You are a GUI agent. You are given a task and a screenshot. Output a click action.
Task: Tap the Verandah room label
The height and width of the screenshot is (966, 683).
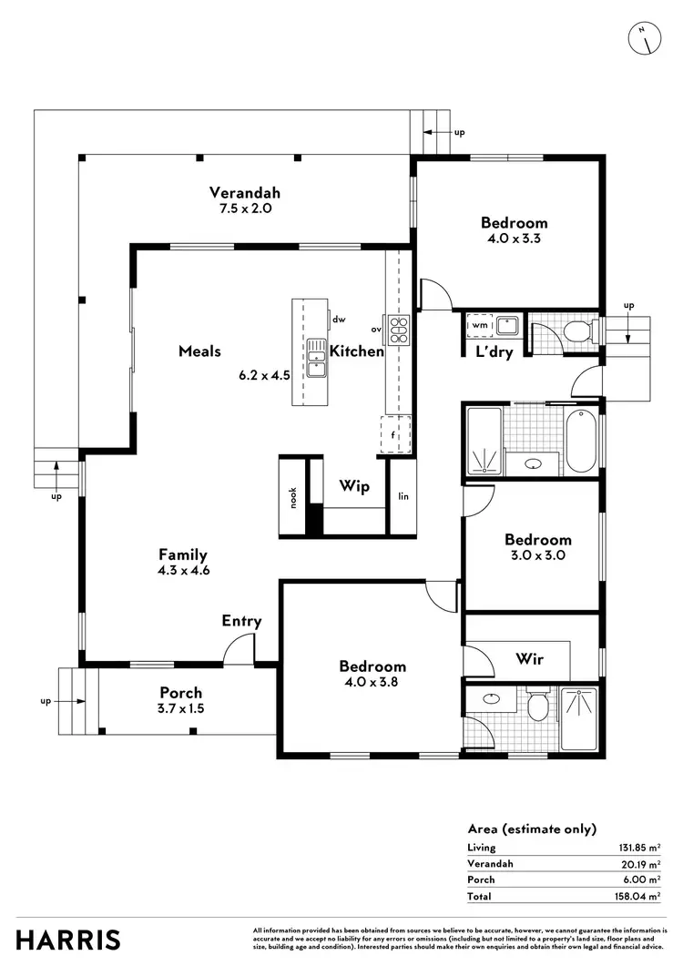[244, 192]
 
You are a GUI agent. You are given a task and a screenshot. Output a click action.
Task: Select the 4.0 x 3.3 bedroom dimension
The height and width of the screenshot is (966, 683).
[514, 239]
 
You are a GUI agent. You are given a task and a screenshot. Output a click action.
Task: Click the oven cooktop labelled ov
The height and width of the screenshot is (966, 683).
[399, 329]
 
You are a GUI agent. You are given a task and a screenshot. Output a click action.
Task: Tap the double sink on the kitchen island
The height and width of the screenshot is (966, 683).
[316, 357]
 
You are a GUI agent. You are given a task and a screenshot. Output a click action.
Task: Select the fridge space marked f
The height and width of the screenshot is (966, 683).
[394, 435]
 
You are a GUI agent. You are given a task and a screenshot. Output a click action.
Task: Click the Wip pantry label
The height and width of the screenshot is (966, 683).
[354, 486]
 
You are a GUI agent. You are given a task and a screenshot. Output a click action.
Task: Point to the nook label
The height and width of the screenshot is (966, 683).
[293, 497]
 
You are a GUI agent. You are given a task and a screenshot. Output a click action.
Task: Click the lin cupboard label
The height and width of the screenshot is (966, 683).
[403, 497]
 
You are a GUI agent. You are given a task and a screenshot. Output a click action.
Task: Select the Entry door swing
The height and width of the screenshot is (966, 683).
[240, 648]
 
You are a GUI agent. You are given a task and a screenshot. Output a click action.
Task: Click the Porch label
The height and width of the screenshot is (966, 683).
[180, 692]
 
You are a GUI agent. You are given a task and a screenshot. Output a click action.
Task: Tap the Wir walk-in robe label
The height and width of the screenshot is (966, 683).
[529, 657]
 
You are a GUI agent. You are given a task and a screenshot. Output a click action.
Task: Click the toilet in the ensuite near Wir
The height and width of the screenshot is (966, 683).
[537, 705]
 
